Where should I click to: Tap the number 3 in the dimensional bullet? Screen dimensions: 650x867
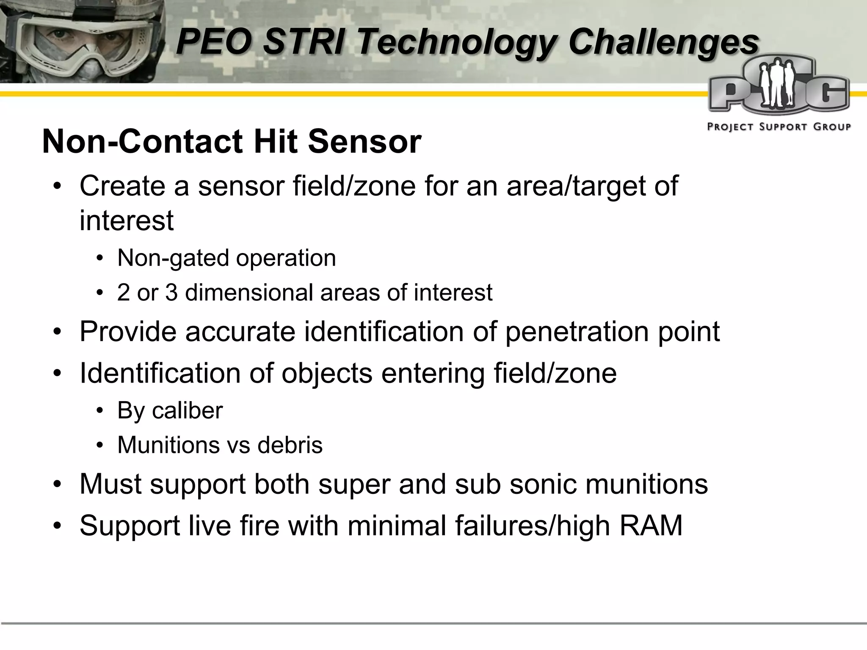171,292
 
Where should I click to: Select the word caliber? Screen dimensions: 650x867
187,410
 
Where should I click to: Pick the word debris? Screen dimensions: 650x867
290,445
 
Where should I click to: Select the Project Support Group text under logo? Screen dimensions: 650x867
779,127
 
